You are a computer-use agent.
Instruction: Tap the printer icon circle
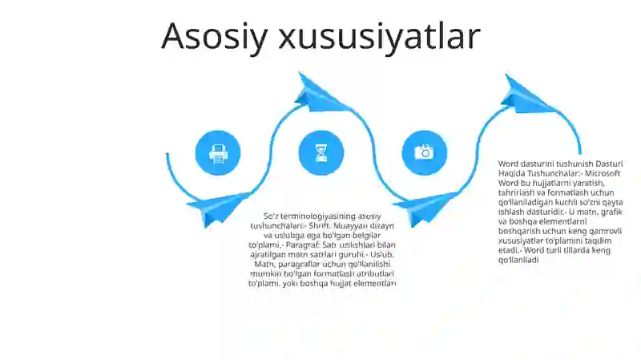click(x=218, y=152)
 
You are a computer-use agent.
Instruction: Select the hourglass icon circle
click(x=321, y=152)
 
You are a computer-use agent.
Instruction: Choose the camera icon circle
click(x=424, y=152)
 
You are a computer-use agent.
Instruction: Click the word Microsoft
click(x=603, y=173)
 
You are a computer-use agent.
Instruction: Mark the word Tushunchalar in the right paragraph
click(x=552, y=173)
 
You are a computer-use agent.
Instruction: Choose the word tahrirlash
click(x=520, y=192)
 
